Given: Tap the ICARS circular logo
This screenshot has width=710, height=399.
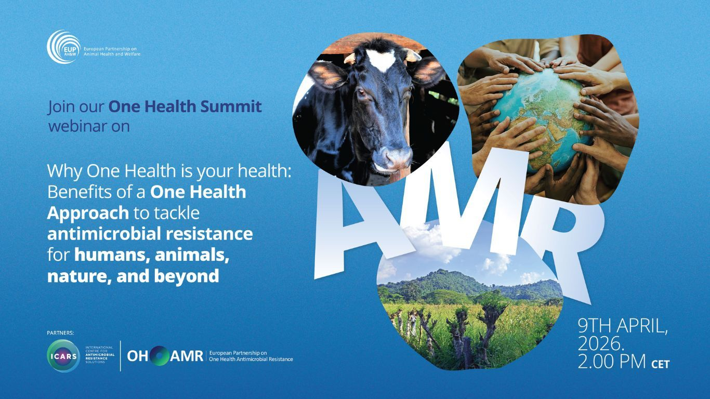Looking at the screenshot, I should click(63, 356).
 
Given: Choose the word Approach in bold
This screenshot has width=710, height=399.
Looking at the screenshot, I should click(88, 212).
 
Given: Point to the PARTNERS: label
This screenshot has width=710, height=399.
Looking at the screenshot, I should click(60, 332).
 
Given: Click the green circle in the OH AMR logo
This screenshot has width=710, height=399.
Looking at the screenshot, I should click(161, 356).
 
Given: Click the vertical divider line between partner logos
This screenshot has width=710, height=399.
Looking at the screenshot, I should click(121, 356).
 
